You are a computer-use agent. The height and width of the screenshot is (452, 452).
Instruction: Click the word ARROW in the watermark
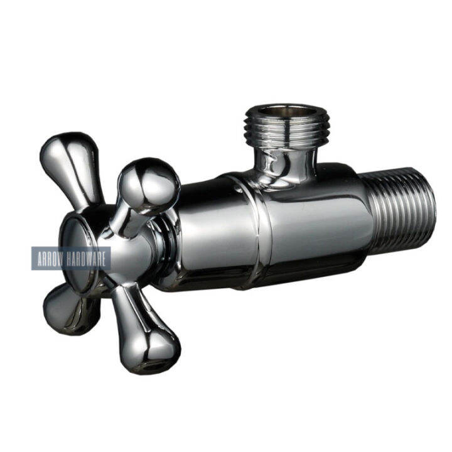point(51,259)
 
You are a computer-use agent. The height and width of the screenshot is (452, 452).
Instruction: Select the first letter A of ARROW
point(39,259)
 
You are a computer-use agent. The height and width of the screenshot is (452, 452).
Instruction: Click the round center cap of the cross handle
point(78,251)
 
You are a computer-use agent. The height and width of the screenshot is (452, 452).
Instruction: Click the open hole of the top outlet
point(279,111)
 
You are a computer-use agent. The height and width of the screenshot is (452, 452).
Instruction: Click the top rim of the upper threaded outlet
point(279,107)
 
